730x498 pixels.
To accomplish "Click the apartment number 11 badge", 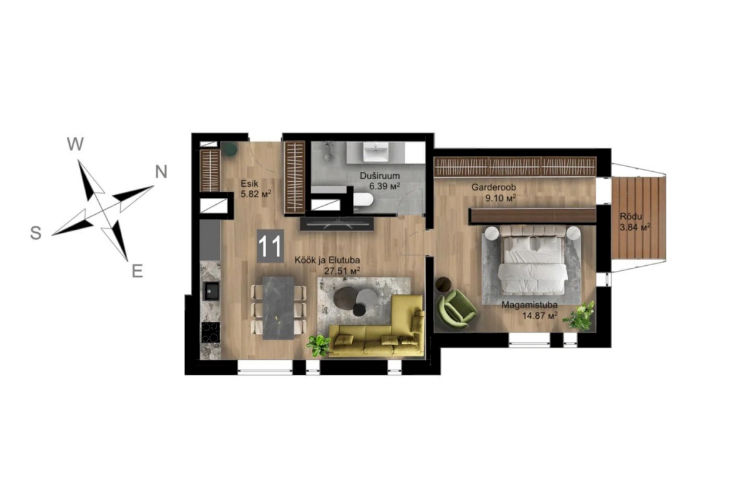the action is click(x=270, y=246).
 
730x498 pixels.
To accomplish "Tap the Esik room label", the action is click(x=249, y=183).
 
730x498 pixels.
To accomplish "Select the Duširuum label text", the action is click(x=380, y=176).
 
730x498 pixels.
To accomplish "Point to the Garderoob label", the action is click(x=494, y=188).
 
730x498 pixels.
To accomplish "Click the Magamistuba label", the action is click(x=529, y=306).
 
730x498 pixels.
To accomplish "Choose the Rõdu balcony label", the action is click(x=631, y=217).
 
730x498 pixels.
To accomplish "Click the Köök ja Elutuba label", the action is click(x=327, y=260).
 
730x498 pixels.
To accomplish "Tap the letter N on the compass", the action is click(x=161, y=172).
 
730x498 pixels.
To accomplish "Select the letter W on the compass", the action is click(x=75, y=144).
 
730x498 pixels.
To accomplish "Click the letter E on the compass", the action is click(x=137, y=270).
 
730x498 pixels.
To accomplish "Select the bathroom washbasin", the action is click(x=375, y=152).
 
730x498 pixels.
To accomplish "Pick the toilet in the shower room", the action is click(x=363, y=200).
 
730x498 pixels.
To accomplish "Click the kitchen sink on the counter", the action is click(x=212, y=291).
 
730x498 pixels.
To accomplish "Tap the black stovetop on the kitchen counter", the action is click(x=211, y=332).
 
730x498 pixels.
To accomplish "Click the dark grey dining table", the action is click(x=279, y=308).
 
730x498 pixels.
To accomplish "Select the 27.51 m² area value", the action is click(x=342, y=271).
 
